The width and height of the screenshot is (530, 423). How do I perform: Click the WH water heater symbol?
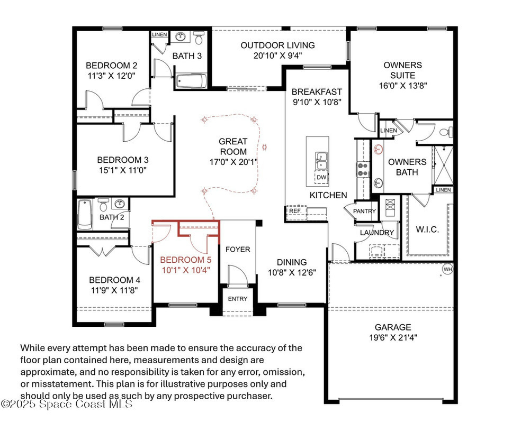447,269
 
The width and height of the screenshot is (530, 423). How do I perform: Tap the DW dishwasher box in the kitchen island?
321,177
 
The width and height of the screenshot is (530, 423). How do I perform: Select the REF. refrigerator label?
295,210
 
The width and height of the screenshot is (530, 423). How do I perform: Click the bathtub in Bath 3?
191,81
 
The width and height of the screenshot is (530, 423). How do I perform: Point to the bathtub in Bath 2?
85,214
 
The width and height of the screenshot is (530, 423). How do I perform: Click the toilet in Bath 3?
199,38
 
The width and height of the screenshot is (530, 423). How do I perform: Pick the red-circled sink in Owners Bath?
379,149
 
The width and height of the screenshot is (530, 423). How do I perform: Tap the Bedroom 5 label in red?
185,260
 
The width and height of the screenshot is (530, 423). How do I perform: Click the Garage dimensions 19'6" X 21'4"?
393,337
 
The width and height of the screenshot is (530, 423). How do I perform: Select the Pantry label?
364,211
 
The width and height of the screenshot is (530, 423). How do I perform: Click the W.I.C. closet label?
427,229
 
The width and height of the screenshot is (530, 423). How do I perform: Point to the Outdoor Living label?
277,45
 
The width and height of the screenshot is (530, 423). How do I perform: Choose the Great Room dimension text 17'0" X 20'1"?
233,162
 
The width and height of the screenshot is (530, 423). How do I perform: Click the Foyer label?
238,250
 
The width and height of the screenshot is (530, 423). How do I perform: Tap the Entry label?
238,299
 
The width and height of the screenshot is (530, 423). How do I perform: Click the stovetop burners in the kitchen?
363,170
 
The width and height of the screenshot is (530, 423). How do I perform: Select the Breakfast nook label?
317,92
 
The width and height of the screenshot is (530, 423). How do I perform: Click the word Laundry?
377,233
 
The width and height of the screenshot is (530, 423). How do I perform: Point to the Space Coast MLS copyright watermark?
67,404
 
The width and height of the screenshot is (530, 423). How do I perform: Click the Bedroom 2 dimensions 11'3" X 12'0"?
112,76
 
